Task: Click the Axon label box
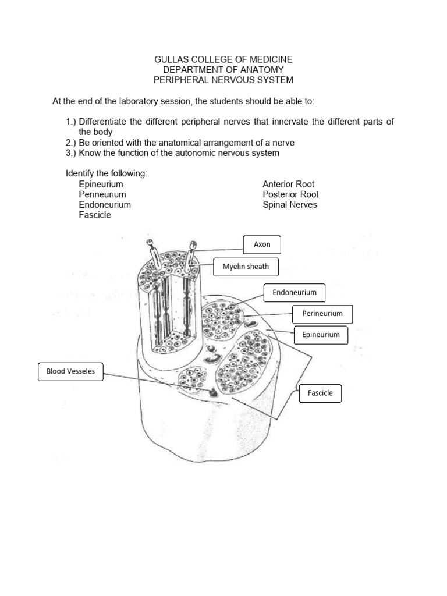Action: (x=262, y=244)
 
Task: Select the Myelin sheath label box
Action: (x=246, y=267)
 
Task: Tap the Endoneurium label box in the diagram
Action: (x=295, y=293)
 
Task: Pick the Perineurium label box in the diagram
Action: (x=322, y=314)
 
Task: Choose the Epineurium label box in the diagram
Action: (x=321, y=335)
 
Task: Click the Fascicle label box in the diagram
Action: (x=320, y=393)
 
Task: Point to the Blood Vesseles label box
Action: (x=70, y=371)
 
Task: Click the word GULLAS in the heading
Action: (x=170, y=60)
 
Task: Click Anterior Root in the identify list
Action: (x=288, y=185)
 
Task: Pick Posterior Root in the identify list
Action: (x=290, y=194)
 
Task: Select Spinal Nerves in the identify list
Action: (x=290, y=205)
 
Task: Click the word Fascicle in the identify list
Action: (x=95, y=215)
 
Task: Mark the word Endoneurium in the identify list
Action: (x=105, y=205)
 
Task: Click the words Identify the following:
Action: (x=107, y=174)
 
